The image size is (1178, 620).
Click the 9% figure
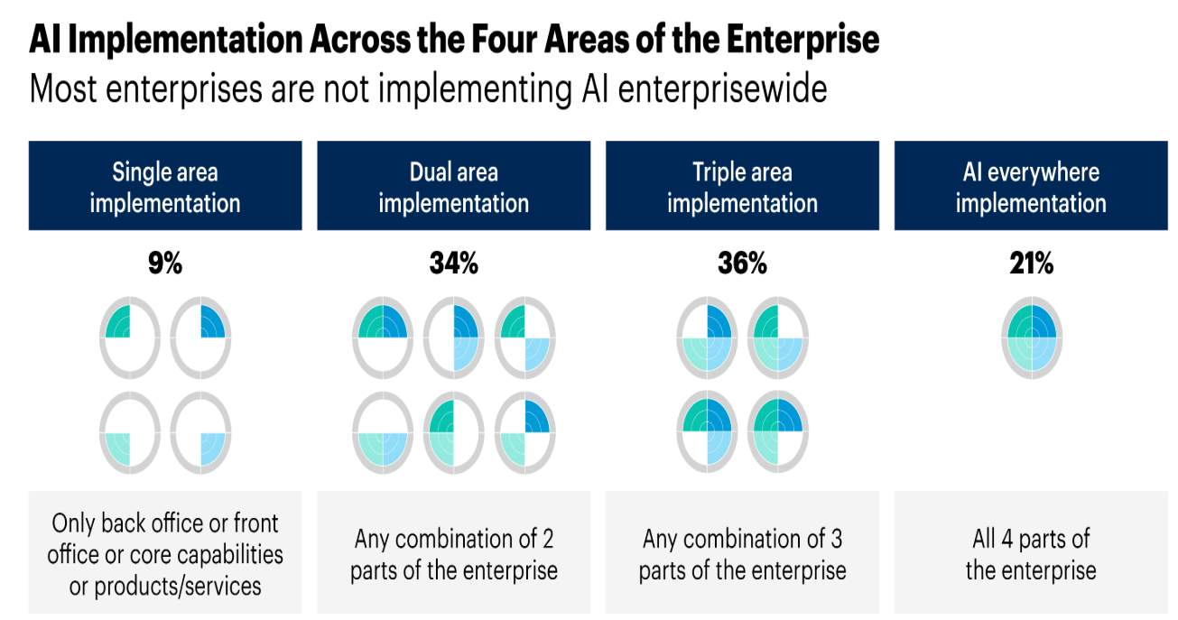[165, 263]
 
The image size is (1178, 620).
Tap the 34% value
[454, 263]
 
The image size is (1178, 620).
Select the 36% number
[742, 263]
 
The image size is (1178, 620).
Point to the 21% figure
[1031, 263]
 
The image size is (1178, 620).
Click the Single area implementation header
[165, 186]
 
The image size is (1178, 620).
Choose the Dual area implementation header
[454, 186]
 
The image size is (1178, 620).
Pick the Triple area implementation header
[742, 186]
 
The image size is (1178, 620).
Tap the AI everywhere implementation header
[1031, 186]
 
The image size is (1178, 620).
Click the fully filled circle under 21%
[1032, 338]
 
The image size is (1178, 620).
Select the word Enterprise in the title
[803, 40]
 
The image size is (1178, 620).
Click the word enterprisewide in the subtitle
[722, 88]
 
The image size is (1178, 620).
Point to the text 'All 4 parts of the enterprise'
[1031, 554]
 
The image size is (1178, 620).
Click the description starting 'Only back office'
[165, 554]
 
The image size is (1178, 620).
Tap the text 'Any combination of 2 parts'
[454, 554]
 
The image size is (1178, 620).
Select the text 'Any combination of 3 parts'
[742, 554]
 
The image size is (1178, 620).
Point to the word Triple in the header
[716, 172]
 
